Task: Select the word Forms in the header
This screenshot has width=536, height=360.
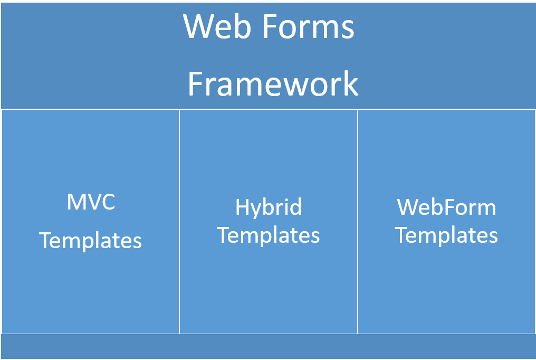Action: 308,26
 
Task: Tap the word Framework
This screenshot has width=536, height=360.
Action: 273,83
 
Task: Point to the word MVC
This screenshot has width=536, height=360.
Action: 91,202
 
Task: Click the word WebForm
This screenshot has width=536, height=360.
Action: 446,207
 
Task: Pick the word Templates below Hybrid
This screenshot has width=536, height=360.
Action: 269,236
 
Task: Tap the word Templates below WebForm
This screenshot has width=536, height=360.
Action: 446,236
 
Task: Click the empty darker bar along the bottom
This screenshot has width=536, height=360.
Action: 268,346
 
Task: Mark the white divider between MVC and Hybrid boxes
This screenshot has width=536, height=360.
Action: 179,222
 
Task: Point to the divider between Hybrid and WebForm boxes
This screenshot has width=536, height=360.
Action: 358,222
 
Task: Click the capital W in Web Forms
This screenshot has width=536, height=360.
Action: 199,26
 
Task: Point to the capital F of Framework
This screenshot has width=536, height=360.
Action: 196,83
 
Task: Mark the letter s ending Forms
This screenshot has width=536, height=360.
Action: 348,30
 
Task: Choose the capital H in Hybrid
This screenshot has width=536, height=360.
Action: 242,207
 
